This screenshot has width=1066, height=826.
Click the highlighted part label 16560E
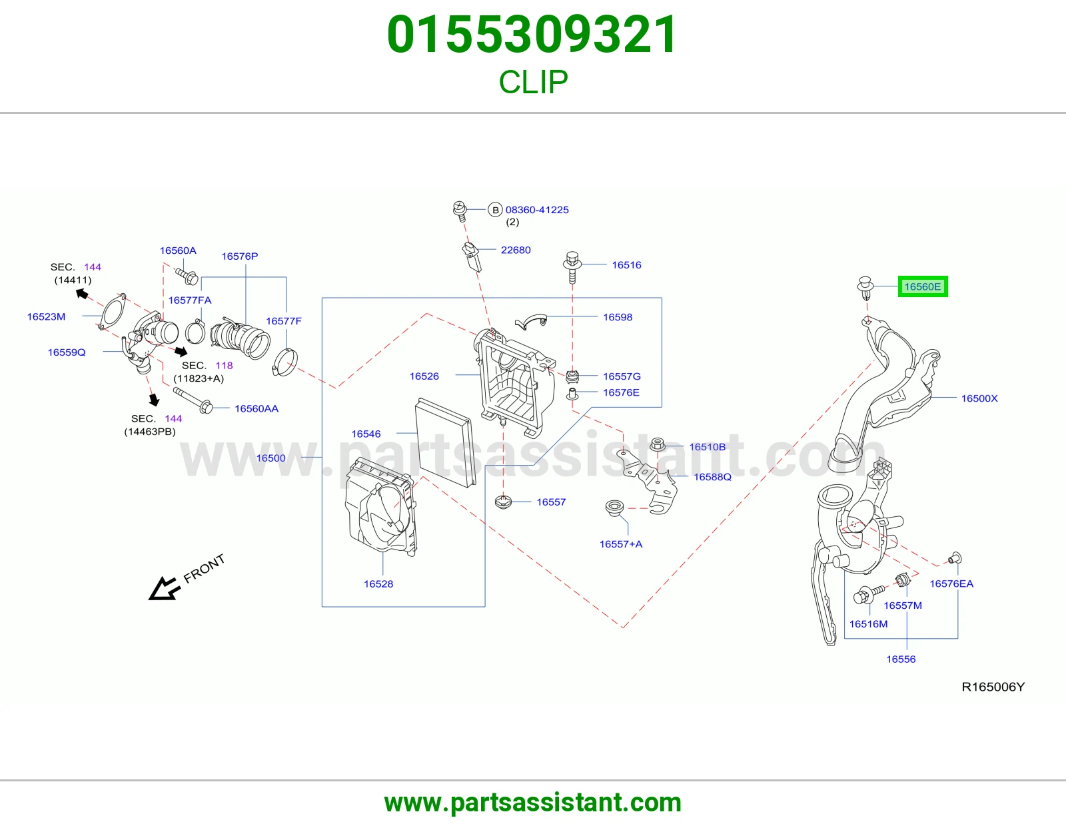(922, 286)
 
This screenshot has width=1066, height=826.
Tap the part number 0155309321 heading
(532, 35)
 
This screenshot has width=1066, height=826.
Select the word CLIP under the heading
(533, 82)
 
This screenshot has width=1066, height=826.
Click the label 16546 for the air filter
(366, 434)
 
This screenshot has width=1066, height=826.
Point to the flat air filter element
(446, 442)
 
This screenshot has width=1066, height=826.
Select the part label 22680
(516, 250)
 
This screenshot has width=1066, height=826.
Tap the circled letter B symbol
(495, 210)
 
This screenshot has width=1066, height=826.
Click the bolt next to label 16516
(572, 268)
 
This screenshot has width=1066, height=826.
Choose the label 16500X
(979, 398)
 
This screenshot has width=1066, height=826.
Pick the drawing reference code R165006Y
(993, 687)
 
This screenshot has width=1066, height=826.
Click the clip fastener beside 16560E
(865, 288)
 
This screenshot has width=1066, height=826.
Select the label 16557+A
(620, 544)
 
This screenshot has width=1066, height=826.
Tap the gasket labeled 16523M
(113, 311)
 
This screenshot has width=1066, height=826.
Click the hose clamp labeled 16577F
(284, 362)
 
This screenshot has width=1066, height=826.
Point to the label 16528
(378, 584)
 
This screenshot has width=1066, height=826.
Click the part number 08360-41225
(537, 209)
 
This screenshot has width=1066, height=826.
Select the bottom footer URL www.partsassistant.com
(533, 803)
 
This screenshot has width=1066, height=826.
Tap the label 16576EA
(951, 584)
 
